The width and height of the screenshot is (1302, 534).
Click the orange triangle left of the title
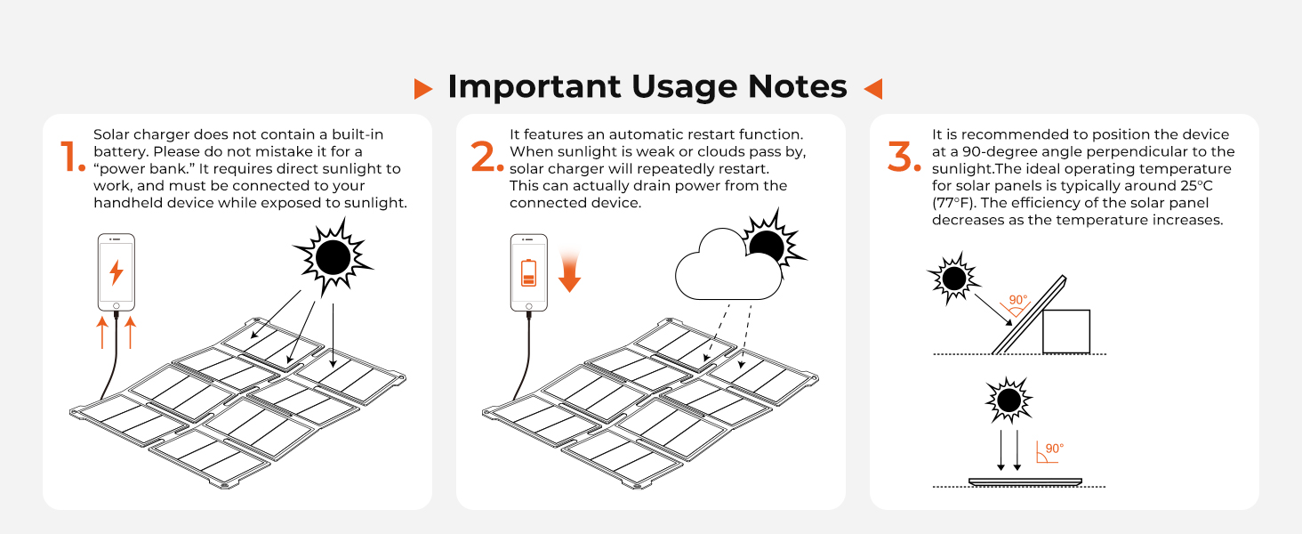423,88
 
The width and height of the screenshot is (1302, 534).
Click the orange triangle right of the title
872,88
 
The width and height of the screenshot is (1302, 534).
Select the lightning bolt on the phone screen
117,271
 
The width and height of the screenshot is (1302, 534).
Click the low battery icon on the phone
529,272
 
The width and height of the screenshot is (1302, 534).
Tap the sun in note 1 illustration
333,258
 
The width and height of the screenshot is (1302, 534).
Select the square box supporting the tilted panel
1065,331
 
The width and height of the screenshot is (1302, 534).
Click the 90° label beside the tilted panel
1018,301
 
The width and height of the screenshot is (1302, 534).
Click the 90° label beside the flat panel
1054,449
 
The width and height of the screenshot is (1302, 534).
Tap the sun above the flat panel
1009,400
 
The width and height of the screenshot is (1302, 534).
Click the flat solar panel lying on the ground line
1025,481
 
